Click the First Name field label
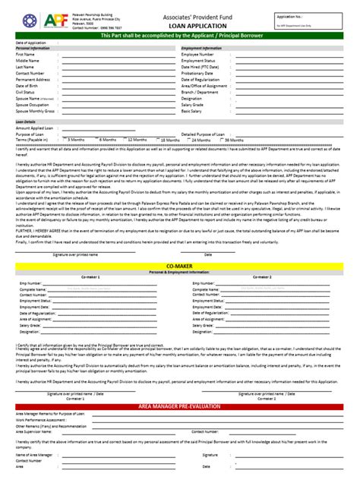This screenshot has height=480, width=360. coord(25,55)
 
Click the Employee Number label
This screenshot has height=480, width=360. coord(200,55)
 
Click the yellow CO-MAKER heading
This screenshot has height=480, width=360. coord(179,263)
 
